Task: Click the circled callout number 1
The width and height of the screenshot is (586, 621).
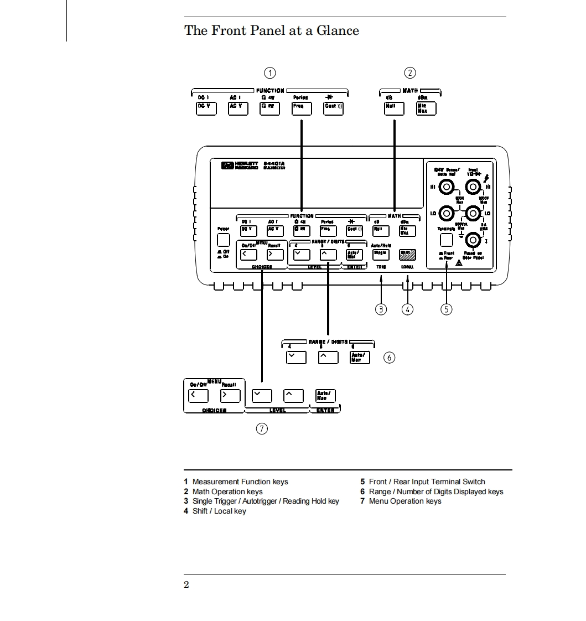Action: pyautogui.click(x=269, y=73)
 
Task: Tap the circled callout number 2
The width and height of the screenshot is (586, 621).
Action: pyautogui.click(x=409, y=73)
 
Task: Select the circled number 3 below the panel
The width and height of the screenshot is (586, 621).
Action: pyautogui.click(x=381, y=309)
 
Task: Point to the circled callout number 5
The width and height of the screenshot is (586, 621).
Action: pyautogui.click(x=446, y=309)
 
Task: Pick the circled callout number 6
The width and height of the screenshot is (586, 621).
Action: pyautogui.click(x=390, y=358)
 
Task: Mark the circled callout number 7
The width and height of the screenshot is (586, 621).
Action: pyautogui.click(x=262, y=428)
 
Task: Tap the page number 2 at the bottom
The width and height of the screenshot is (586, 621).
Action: pyautogui.click(x=186, y=585)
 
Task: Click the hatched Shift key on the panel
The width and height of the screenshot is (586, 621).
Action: pyautogui.click(x=408, y=254)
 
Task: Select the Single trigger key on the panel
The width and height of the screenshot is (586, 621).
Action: pyautogui.click(x=380, y=254)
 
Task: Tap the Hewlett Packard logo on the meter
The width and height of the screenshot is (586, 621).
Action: pyautogui.click(x=227, y=165)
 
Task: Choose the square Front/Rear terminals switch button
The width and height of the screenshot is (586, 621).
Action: pyautogui.click(x=446, y=240)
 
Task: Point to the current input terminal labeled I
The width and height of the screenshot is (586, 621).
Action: pyautogui.click(x=472, y=240)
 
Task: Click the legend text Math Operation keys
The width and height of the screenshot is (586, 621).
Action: pyautogui.click(x=227, y=491)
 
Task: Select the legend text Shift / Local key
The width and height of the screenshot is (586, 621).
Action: pyautogui.click(x=219, y=511)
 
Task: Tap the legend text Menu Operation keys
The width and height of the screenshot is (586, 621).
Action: pyautogui.click(x=405, y=501)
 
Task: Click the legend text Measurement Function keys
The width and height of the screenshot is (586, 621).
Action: pyautogui.click(x=240, y=482)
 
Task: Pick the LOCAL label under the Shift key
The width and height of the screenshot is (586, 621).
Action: pyautogui.click(x=407, y=267)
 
